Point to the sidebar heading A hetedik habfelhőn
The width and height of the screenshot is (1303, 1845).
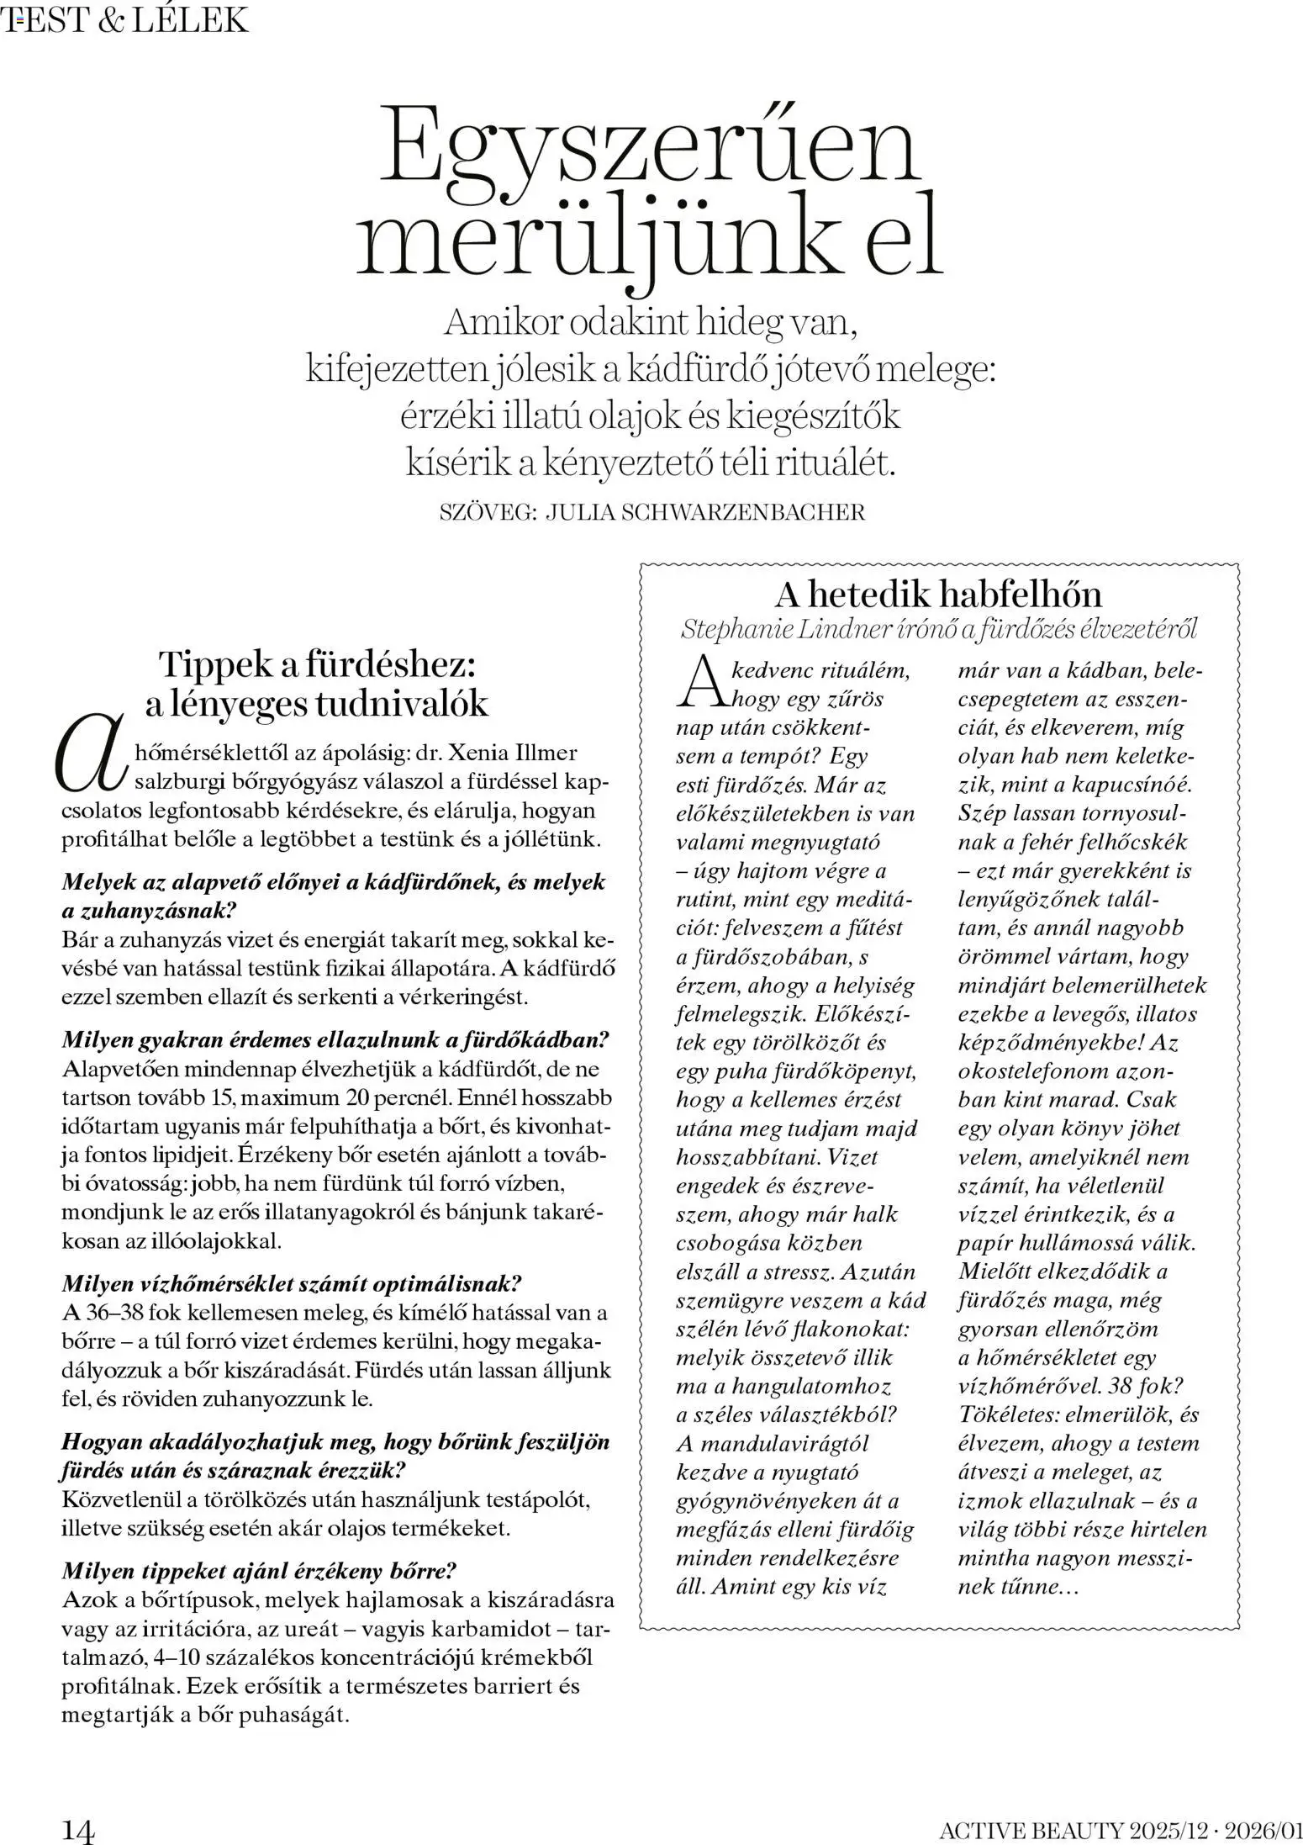pyautogui.click(x=937, y=595)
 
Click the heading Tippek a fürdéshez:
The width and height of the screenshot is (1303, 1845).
pyautogui.click(x=319, y=664)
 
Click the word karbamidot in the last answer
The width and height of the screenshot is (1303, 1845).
pyautogui.click(x=497, y=1628)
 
